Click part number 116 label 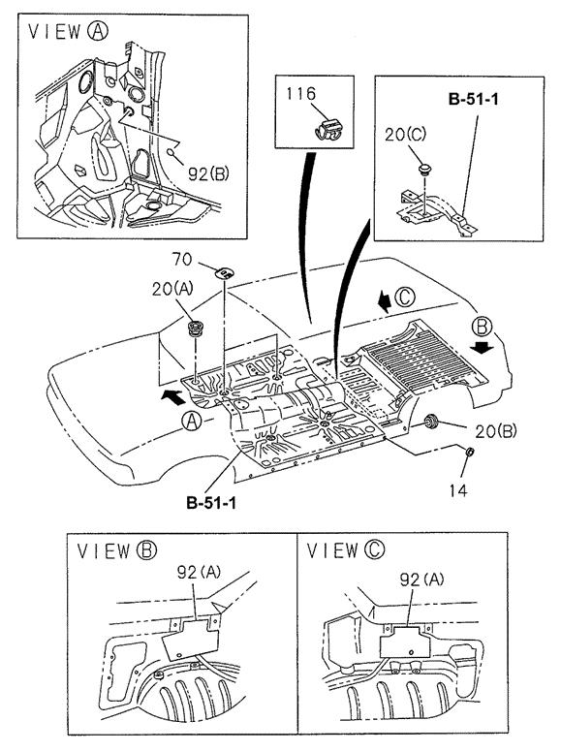click(x=301, y=94)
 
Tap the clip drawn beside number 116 click(x=329, y=130)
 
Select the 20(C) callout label click(x=405, y=135)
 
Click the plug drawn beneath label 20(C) click(x=424, y=169)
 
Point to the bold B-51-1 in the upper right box click(x=473, y=99)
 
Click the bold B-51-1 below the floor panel click(x=211, y=503)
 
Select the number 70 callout click(x=182, y=260)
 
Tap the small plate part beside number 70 click(x=224, y=273)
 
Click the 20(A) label click(x=172, y=289)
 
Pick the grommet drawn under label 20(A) click(x=196, y=329)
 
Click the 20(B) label click(x=496, y=431)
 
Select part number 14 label click(x=458, y=490)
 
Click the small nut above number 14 click(x=470, y=452)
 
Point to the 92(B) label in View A click(x=208, y=173)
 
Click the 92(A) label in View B click(x=199, y=572)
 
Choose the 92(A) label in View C click(x=421, y=580)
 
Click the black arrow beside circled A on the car click(x=172, y=395)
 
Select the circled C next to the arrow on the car click(x=404, y=298)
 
